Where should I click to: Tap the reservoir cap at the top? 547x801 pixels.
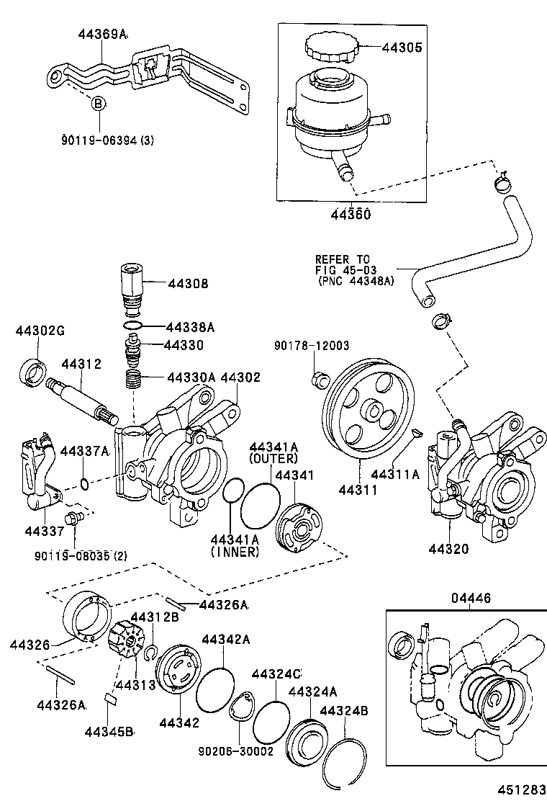(330, 49)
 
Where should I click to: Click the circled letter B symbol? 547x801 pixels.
(97, 104)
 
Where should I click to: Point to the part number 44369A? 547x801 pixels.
(103, 34)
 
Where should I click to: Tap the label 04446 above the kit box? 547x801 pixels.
(471, 597)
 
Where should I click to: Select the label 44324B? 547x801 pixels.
(344, 712)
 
